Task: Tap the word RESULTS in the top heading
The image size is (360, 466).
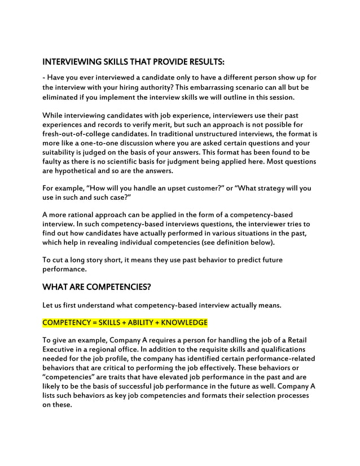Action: pyautogui.click(x=203, y=61)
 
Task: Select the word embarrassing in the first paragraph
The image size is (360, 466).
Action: pyautogui.click(x=218, y=87)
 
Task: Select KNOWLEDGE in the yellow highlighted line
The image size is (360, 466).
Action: pyautogui.click(x=185, y=323)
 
